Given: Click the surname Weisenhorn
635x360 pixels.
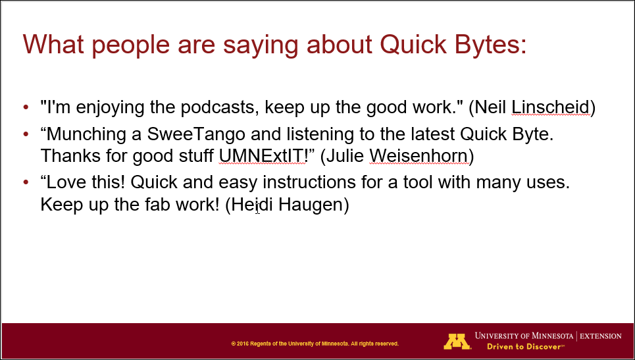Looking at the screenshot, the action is click(418, 156).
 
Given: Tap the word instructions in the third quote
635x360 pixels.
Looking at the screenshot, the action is click(306, 182).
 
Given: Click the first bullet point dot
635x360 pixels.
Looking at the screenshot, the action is click(26, 108).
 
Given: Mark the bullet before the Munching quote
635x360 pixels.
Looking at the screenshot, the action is click(26, 134).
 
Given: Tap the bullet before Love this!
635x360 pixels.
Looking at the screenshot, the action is click(26, 182).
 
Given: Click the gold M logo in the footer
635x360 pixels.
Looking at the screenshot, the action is click(457, 342).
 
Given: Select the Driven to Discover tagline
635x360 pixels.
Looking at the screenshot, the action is click(525, 347).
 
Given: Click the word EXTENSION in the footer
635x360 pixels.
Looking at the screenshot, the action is click(601, 336).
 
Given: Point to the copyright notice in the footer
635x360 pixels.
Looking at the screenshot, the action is click(315, 344).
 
